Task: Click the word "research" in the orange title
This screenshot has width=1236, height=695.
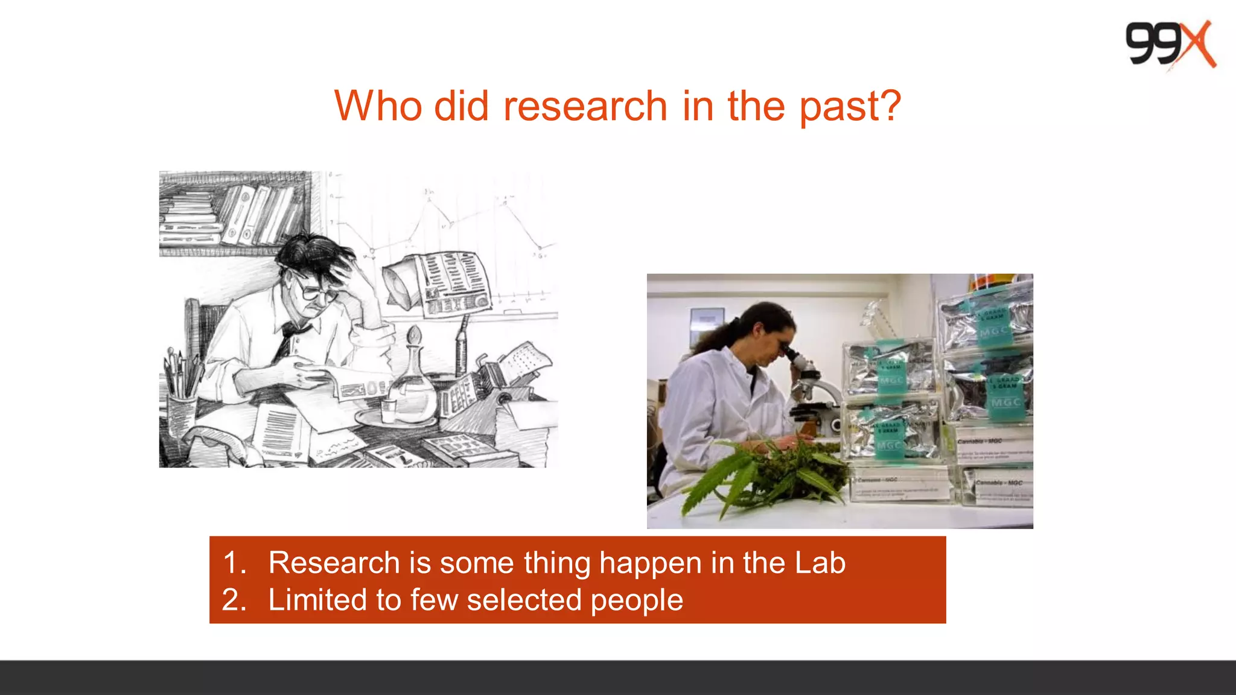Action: [x=585, y=106]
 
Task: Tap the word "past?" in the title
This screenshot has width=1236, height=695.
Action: [x=850, y=106]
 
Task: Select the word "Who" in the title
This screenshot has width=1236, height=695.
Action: [x=378, y=106]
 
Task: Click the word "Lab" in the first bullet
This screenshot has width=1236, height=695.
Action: [x=820, y=563]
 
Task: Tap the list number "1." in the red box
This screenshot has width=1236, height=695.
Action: [x=235, y=563]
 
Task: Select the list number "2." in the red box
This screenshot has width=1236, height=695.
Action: [x=235, y=600]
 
